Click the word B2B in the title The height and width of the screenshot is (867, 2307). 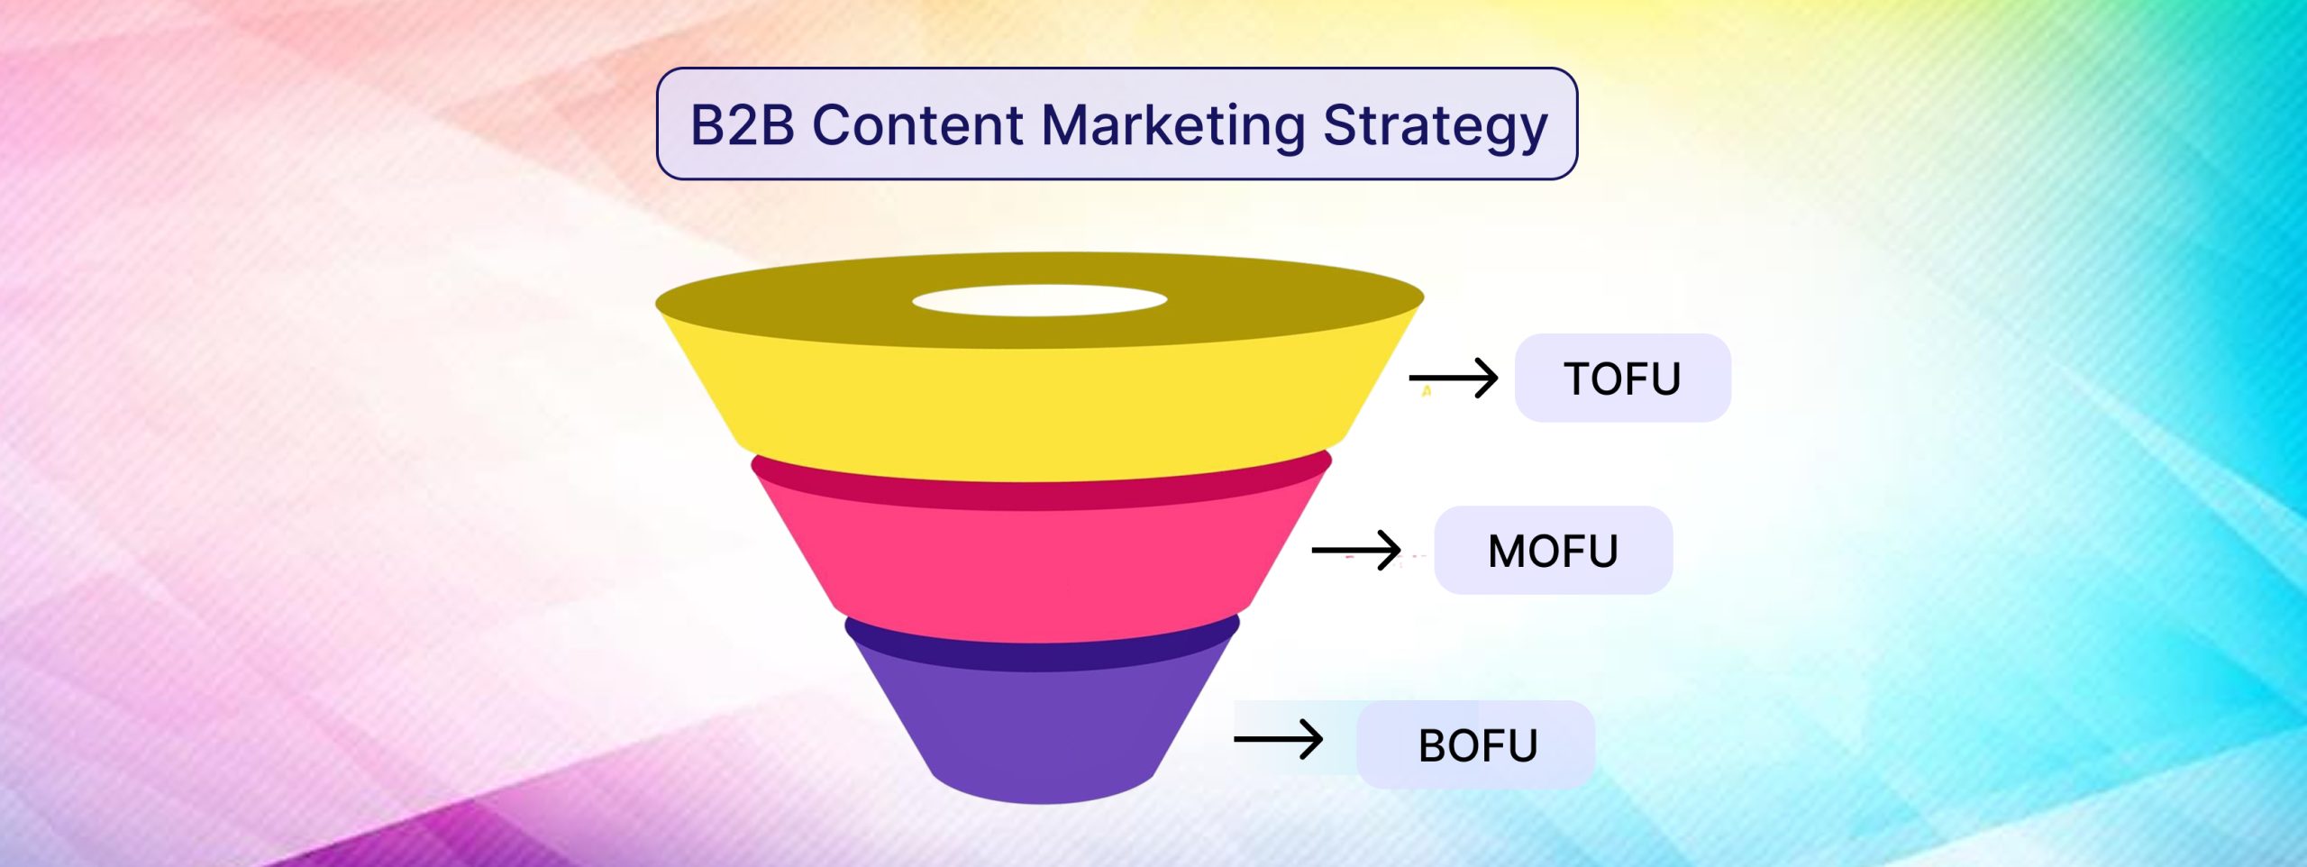(x=743, y=124)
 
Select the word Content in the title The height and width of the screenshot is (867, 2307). (x=917, y=124)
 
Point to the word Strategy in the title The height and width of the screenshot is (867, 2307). (x=1435, y=127)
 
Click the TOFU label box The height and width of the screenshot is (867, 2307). (x=1622, y=378)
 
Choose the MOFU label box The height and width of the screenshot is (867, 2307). (x=1553, y=550)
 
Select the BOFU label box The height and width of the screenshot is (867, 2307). (x=1475, y=744)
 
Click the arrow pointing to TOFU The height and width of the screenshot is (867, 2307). (x=1453, y=378)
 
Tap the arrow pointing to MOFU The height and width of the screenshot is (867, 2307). (x=1356, y=550)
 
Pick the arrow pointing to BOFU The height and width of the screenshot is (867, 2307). (x=1278, y=739)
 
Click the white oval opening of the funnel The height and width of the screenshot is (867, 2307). (x=1039, y=300)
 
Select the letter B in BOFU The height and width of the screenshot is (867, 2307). (x=1432, y=745)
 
